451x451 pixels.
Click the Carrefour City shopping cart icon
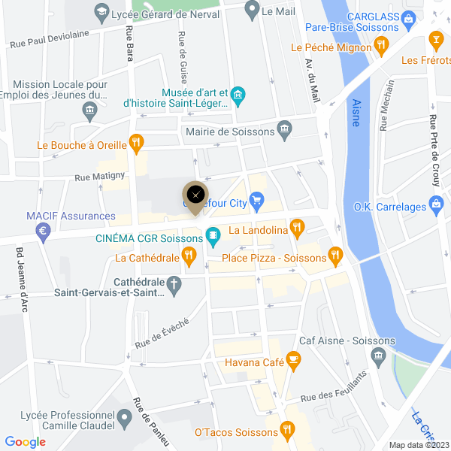click(257, 200)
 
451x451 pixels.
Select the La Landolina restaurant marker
click(298, 226)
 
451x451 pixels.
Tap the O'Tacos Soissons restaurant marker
click(286, 431)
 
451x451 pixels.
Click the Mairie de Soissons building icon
click(285, 129)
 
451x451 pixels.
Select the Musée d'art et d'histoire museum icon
click(238, 94)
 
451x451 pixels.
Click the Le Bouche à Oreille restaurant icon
click(136, 141)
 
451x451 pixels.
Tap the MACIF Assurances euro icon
click(44, 232)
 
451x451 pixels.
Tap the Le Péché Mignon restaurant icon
click(381, 46)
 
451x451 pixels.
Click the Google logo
click(26, 442)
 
